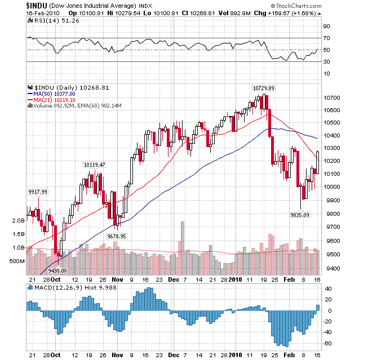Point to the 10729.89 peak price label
pyautogui.click(x=263, y=88)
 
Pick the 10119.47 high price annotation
pyautogui.click(x=94, y=165)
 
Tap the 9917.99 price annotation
pyautogui.click(x=38, y=192)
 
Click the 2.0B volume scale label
pyautogui.click(x=17, y=221)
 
